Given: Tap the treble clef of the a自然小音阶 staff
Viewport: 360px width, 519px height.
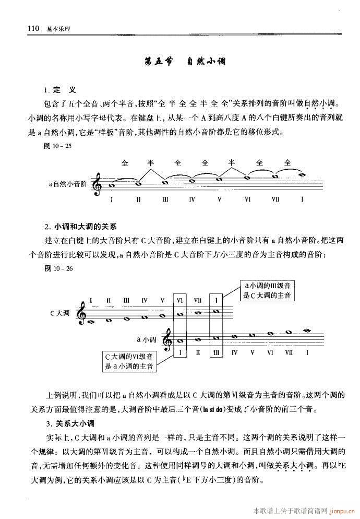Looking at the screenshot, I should pyautogui.click(x=97, y=184).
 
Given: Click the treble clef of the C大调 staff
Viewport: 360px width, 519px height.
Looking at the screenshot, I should pyautogui.click(x=82, y=313).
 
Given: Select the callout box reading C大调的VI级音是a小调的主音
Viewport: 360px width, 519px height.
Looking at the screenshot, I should pyautogui.click(x=129, y=361).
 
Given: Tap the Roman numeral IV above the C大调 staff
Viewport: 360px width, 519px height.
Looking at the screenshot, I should pyautogui.click(x=144, y=300).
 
